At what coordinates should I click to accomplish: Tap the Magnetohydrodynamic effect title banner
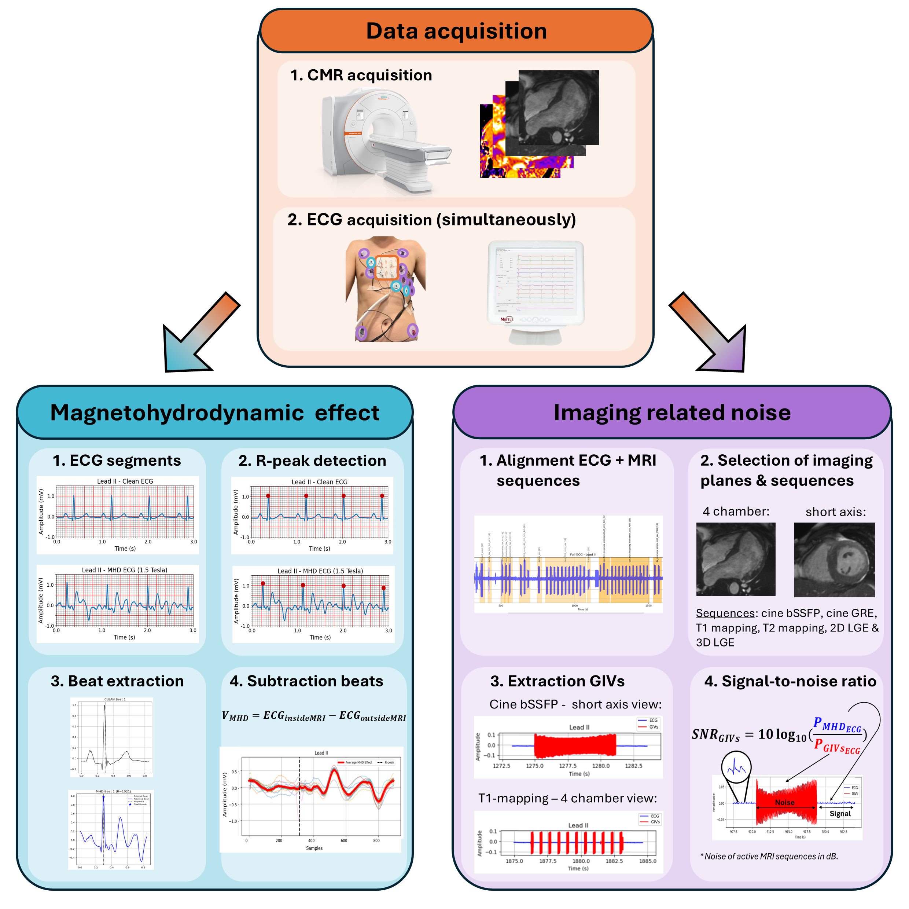coord(214,413)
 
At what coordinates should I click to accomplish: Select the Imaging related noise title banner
coord(672,413)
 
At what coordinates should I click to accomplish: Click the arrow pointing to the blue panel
coord(198,334)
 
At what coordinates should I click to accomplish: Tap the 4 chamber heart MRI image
coord(735,559)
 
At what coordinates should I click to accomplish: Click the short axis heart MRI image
coord(834,560)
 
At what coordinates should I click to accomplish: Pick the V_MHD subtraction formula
coord(314,716)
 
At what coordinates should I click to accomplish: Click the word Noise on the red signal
coord(785,803)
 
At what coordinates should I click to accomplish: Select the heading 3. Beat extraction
coord(117,681)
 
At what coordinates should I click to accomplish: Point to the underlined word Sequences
coord(725,613)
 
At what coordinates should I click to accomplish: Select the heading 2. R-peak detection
coord(312,461)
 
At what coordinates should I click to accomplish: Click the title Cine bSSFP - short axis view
coord(575,704)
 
